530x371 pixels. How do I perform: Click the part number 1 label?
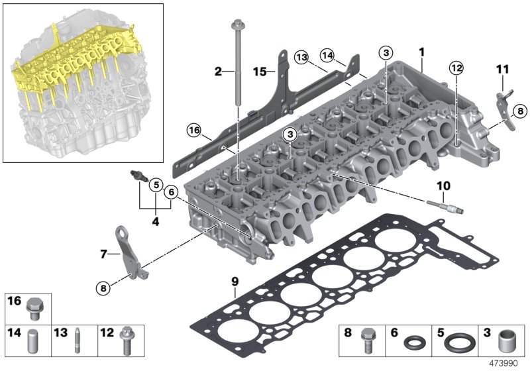pos(421,52)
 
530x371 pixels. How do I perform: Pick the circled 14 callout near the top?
pos(327,56)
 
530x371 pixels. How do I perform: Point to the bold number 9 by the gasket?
pos(235,282)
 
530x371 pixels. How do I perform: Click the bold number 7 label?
pos(103,253)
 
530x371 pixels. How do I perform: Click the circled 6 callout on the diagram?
pos(171,192)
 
